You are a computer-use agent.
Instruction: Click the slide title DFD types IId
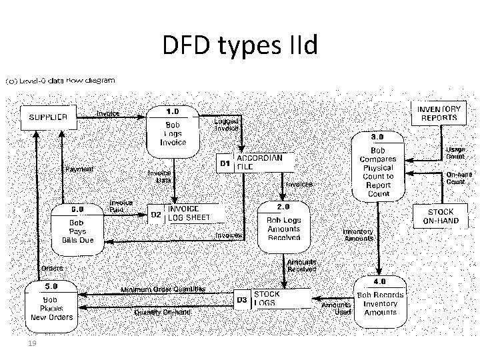(241, 46)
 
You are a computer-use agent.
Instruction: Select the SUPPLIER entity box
(47, 116)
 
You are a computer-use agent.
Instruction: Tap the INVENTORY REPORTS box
(438, 113)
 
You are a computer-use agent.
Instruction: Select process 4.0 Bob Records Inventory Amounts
(380, 304)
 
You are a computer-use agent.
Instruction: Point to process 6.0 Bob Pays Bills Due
(73, 226)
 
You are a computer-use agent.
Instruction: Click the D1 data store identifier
(226, 163)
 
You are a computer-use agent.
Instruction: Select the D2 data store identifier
(155, 214)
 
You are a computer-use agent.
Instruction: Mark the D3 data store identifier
(242, 299)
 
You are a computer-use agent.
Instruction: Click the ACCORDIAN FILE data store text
(260, 162)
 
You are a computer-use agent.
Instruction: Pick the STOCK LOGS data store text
(267, 298)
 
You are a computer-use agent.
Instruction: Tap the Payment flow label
(79, 169)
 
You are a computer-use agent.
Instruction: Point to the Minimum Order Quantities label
(163, 289)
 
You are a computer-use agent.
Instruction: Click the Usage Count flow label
(455, 153)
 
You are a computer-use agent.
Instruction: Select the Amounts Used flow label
(337, 308)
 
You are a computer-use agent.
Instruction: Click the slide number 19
(30, 343)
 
